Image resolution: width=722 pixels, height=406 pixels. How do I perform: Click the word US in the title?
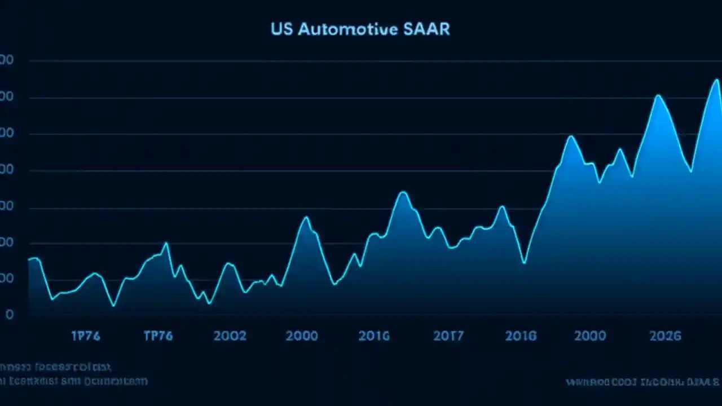coord(281,29)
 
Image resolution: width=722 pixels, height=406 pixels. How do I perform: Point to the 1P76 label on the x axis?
coord(86,336)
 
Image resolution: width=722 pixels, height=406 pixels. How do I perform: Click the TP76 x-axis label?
coord(158,336)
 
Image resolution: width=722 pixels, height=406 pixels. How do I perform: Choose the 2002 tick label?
coord(230,336)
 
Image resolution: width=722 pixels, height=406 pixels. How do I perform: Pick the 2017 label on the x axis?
coord(448,336)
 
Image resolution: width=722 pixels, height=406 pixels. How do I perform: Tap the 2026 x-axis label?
coord(665,336)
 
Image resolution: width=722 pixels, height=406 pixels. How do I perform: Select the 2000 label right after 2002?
coord(302,336)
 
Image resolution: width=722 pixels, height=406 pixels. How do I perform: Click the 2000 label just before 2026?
coord(590,336)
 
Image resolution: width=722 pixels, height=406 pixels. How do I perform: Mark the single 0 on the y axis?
coord(10,315)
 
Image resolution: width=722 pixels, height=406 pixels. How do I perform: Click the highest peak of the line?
coord(716,80)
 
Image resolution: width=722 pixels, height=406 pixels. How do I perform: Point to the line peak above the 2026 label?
coord(657,95)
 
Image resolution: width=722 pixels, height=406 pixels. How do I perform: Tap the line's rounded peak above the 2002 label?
coord(228,263)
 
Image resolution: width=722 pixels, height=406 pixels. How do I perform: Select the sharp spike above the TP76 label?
coord(166,243)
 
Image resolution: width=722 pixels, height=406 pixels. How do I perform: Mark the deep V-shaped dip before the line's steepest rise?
coord(524,263)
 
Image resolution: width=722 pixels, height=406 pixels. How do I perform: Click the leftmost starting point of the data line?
coord(29,259)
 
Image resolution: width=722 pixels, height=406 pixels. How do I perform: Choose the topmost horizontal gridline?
coord(372,60)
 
